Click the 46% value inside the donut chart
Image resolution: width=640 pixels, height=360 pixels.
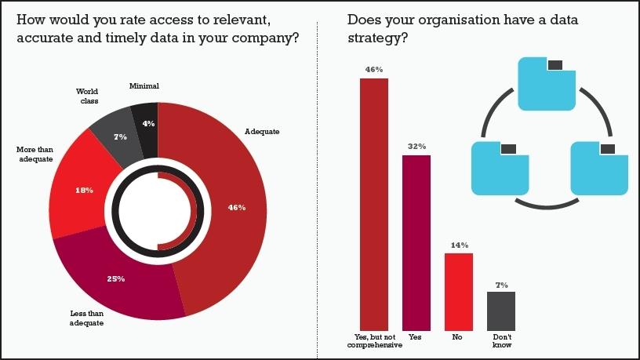click(237, 208)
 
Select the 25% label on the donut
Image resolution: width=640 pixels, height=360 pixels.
click(115, 278)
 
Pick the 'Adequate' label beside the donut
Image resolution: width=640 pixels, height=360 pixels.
click(262, 132)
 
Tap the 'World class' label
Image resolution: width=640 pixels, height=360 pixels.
click(88, 96)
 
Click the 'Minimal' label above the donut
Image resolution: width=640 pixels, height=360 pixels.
click(144, 85)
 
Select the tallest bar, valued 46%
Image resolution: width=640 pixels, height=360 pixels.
click(373, 204)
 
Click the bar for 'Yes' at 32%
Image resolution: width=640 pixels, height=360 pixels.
click(416, 242)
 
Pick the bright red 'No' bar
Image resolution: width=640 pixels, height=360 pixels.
click(458, 291)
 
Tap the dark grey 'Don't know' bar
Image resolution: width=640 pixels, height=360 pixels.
click(501, 311)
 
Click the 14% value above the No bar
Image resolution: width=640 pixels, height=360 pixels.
click(459, 245)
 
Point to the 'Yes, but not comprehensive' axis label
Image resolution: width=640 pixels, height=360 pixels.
click(373, 341)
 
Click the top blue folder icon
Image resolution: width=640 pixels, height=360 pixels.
click(547, 84)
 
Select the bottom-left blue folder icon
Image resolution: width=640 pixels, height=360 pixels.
click(500, 169)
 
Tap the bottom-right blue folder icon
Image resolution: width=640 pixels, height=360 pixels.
click(599, 169)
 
